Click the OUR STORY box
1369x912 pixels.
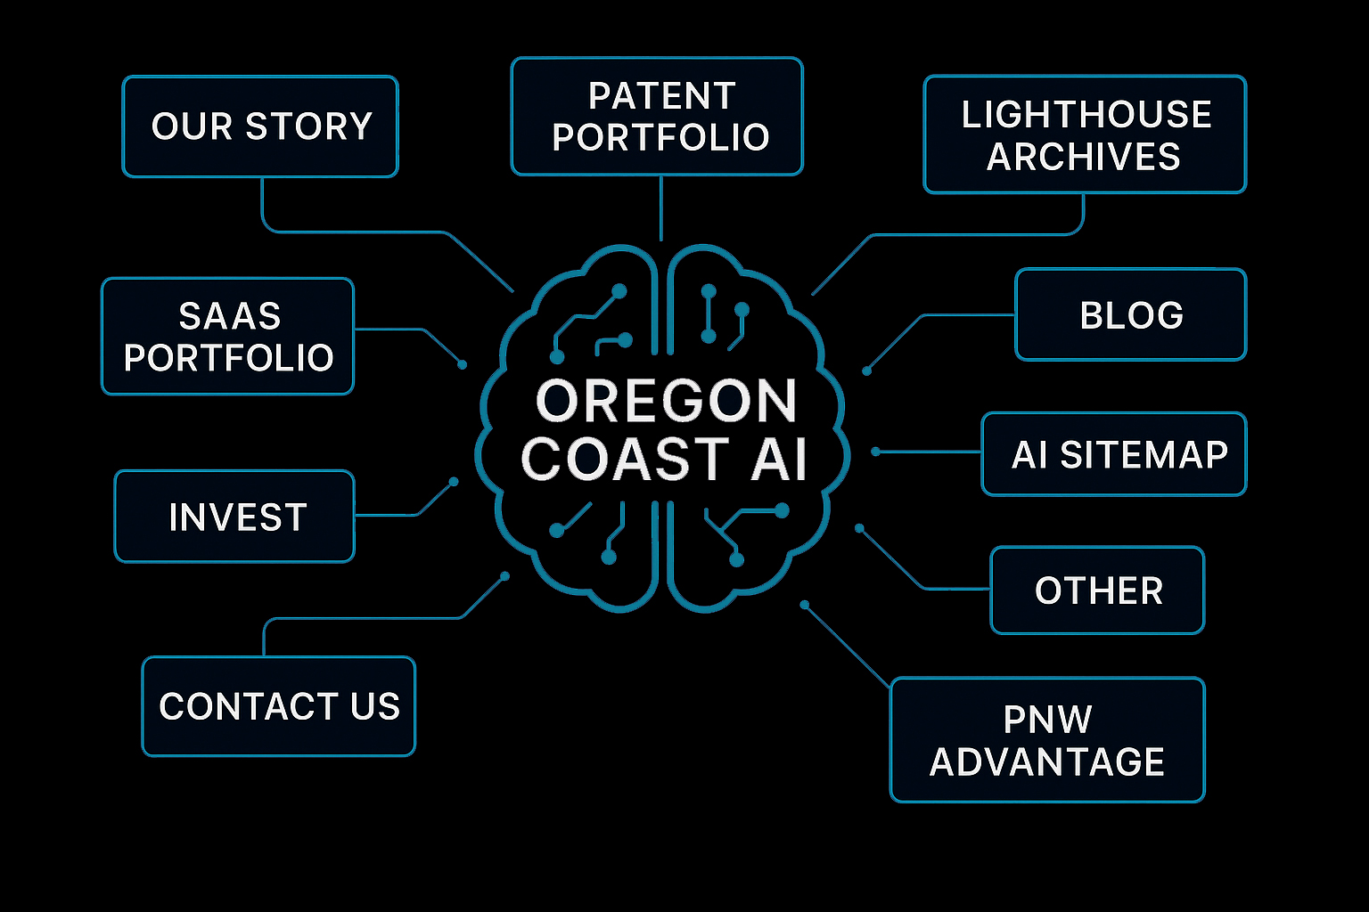tap(260, 126)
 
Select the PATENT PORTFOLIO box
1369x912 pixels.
tap(657, 117)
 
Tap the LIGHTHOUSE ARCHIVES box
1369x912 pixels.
tap(1085, 134)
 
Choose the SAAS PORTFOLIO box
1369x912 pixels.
tap(228, 337)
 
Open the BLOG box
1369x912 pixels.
tap(1130, 314)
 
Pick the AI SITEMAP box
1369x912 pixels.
tap(1114, 454)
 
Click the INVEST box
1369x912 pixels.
tap(235, 517)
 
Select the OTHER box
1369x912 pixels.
tap(1097, 590)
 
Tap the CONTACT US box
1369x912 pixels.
tap(278, 706)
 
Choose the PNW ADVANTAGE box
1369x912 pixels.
tap(1047, 740)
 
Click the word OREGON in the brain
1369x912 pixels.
tap(666, 402)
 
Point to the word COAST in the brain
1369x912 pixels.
tap(625, 460)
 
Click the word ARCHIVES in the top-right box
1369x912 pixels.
tap(1083, 157)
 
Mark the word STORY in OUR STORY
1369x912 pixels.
tap(308, 126)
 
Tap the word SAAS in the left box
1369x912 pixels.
tap(230, 316)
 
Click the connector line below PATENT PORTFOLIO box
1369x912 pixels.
tap(660, 209)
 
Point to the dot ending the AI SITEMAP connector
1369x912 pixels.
tap(875, 452)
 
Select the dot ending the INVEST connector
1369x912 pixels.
tap(454, 482)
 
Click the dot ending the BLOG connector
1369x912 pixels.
tap(866, 370)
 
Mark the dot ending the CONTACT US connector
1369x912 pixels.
tap(505, 576)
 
